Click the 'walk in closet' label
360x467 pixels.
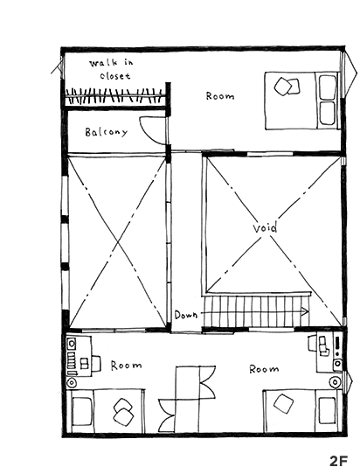click(x=112, y=69)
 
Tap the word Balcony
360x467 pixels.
click(x=107, y=132)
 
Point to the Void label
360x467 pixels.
click(x=265, y=227)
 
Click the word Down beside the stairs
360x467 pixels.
click(x=186, y=315)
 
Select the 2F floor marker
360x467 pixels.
click(x=339, y=461)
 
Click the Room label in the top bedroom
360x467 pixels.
click(x=220, y=96)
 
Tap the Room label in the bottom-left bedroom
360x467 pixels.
click(x=126, y=366)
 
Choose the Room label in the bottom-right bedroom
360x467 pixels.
click(x=264, y=369)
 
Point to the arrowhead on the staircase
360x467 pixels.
click(x=305, y=312)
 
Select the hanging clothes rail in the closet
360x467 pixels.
click(x=114, y=96)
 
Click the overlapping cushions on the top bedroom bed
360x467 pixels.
click(x=287, y=86)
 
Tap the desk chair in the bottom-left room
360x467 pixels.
click(x=96, y=363)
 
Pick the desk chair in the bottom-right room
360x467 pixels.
click(x=312, y=343)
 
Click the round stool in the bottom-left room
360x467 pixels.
click(x=72, y=383)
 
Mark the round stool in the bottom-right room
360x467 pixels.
click(x=335, y=382)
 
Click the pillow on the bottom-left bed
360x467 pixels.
click(x=82, y=411)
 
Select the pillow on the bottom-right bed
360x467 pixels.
click(x=328, y=410)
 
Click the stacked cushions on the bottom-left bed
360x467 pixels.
click(x=123, y=412)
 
